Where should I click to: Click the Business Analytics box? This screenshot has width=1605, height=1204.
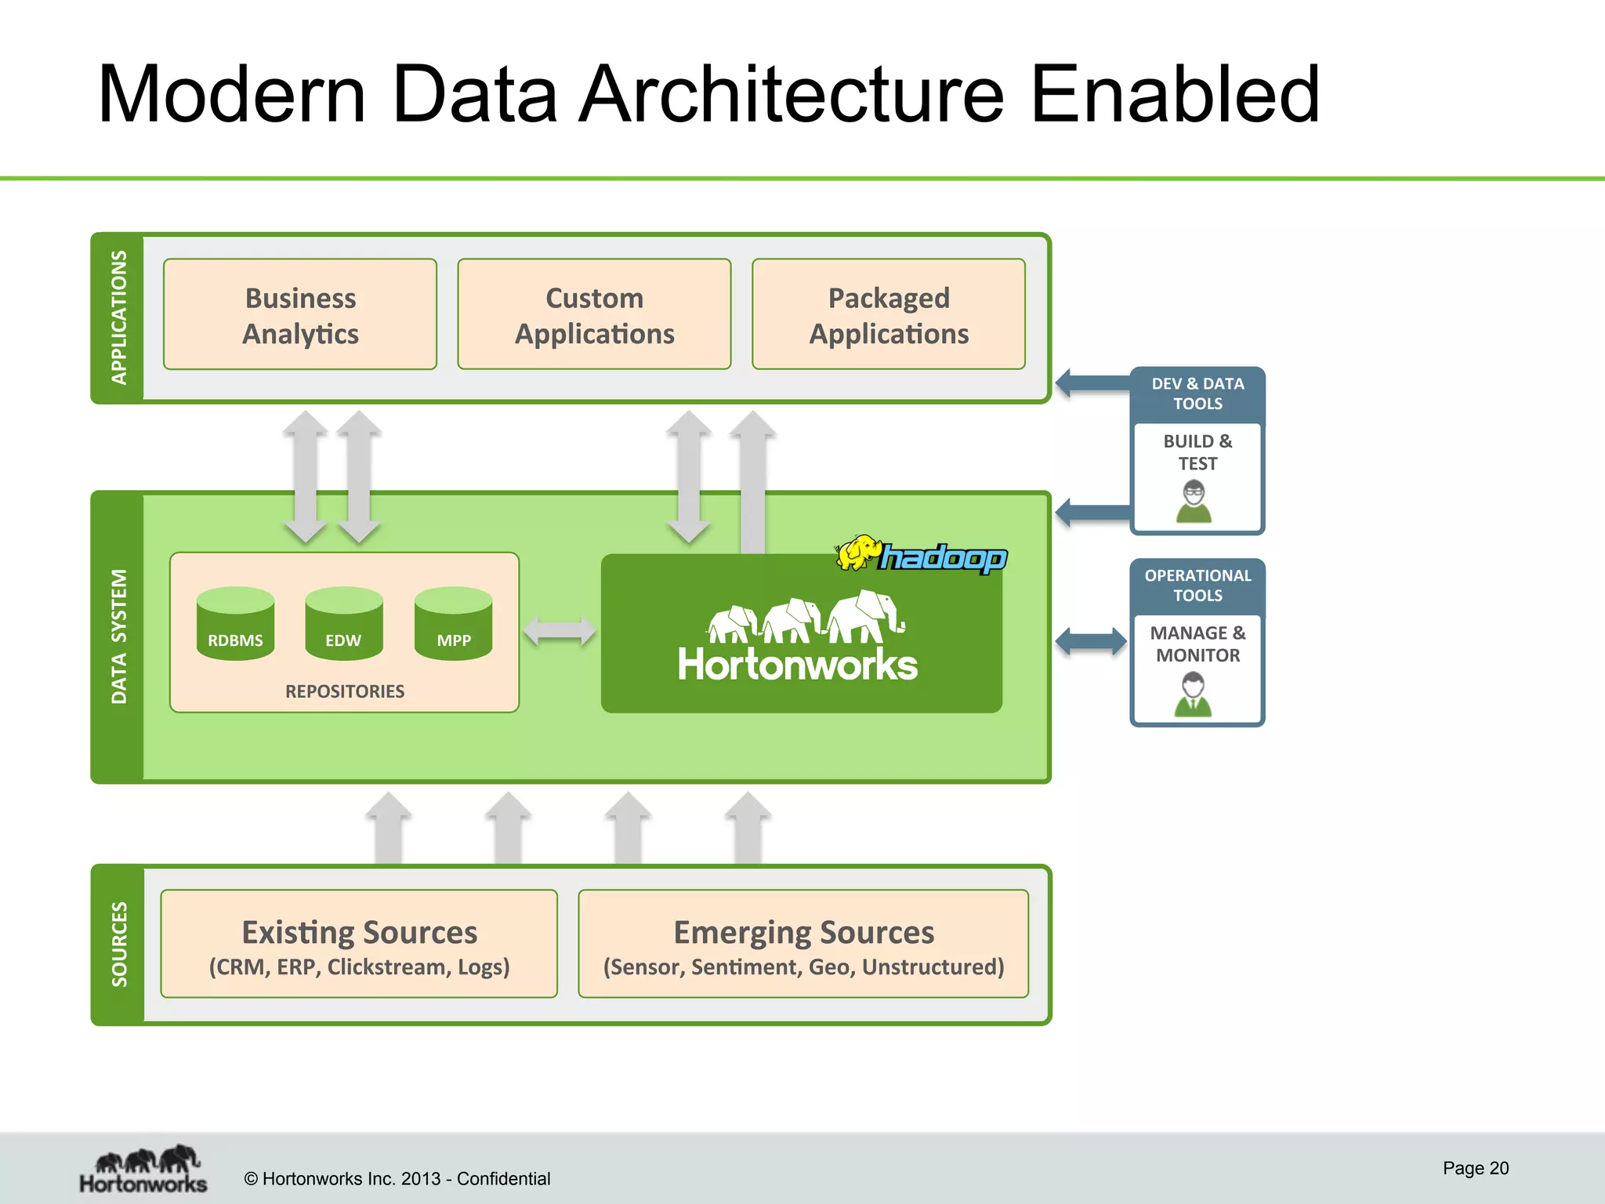(x=300, y=314)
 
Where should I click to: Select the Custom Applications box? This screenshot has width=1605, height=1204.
(x=594, y=314)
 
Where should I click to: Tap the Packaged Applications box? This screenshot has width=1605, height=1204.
(x=889, y=314)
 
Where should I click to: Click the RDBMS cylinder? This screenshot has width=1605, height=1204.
(x=235, y=624)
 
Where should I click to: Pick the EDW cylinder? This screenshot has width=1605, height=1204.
(x=344, y=624)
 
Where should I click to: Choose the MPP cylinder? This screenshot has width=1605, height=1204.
(x=453, y=624)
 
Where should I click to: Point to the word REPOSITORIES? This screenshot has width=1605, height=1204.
(x=345, y=691)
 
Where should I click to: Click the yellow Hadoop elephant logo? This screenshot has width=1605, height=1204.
(x=859, y=553)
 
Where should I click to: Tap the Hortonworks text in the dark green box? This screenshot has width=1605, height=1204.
(x=797, y=665)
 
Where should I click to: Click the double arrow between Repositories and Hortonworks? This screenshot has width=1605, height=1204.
(x=559, y=631)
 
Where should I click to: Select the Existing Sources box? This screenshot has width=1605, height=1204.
(x=359, y=944)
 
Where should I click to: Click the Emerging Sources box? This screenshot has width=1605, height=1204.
(x=803, y=944)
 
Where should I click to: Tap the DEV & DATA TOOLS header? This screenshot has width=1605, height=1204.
(x=1197, y=393)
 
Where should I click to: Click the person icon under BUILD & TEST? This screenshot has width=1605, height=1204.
(x=1194, y=502)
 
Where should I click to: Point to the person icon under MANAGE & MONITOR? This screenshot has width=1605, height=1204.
(x=1193, y=695)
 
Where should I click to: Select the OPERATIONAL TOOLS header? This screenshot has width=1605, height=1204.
(x=1197, y=586)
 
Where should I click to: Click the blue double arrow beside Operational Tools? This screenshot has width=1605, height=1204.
(x=1091, y=641)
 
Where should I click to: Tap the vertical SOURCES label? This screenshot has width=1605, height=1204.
(x=119, y=945)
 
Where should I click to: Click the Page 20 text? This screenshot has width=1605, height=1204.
(x=1476, y=1168)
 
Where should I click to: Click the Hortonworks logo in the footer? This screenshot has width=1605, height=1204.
(x=143, y=1169)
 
